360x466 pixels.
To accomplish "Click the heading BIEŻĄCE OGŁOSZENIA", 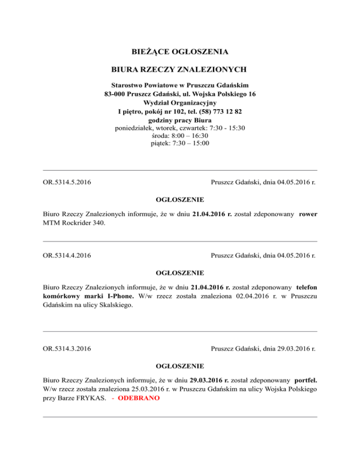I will click(x=180, y=51).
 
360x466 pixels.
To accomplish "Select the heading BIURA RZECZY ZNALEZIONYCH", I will click(x=180, y=70).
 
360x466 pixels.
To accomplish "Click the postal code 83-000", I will click(x=115, y=94).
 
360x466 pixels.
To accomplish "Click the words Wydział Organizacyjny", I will click(x=180, y=103).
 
